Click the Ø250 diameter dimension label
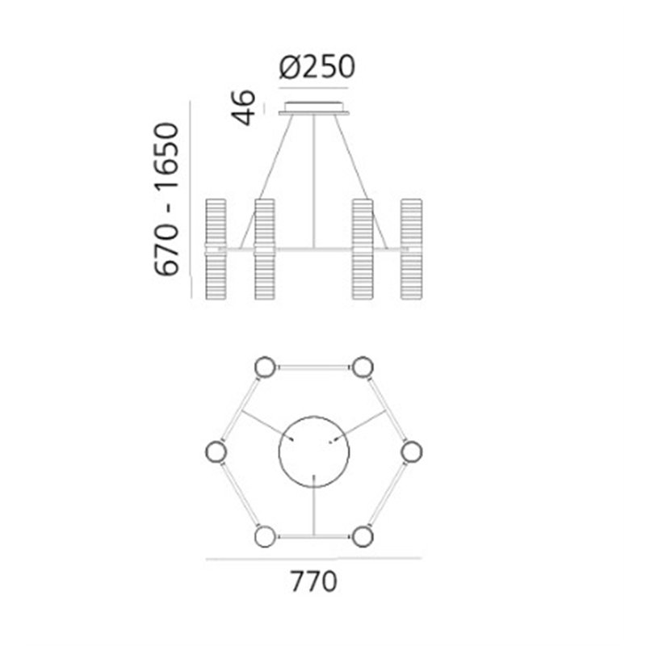[x=317, y=66]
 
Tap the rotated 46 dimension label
[x=244, y=107]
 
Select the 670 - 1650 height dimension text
[x=167, y=199]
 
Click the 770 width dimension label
[x=314, y=581]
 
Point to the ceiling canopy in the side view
[x=314, y=108]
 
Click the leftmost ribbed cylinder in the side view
[x=216, y=249]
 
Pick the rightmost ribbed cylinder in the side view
[x=412, y=249]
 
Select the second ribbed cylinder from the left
[x=265, y=249]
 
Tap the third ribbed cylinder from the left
[x=363, y=249]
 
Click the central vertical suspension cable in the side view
[x=314, y=181]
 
